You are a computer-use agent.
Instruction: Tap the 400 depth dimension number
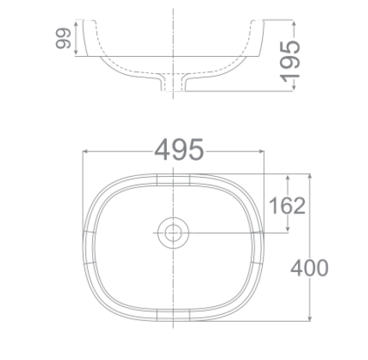[310, 268]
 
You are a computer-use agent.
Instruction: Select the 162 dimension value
[288, 206]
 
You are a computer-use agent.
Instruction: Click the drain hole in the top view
[173, 232]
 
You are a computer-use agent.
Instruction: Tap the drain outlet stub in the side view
[173, 84]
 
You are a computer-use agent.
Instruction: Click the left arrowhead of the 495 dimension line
[85, 151]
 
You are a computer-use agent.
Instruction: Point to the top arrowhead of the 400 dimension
[312, 176]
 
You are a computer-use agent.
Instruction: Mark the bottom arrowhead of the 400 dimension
[312, 319]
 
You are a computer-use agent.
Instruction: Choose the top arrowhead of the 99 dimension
[75, 23]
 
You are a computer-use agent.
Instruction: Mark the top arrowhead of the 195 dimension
[294, 22]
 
